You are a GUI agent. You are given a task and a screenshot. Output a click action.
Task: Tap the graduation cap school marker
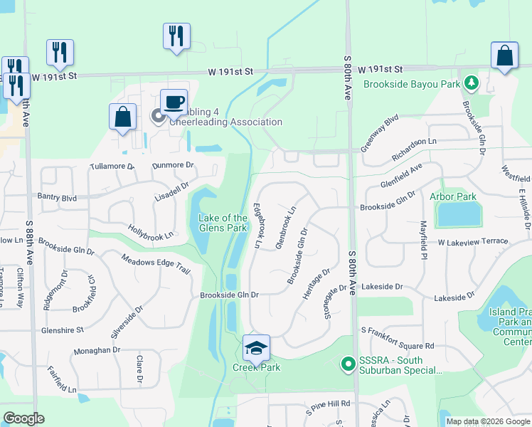pyautogui.click(x=256, y=347)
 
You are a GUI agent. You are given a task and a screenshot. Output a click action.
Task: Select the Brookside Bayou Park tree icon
pyautogui.click(x=470, y=84)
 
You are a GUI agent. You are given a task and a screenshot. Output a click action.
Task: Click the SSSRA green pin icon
pyautogui.click(x=348, y=365)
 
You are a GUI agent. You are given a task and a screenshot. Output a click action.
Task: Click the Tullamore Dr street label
pyautogui.click(x=112, y=166)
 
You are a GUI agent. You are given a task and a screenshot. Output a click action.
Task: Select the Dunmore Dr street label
pyautogui.click(x=173, y=164)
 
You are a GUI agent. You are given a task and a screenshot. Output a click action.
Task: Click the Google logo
pyautogui.click(x=24, y=418)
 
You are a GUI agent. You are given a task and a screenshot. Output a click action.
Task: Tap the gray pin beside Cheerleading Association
pyautogui.click(x=158, y=115)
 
